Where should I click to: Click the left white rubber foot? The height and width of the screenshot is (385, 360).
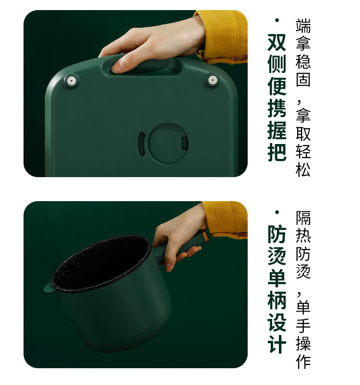pyautogui.click(x=71, y=81)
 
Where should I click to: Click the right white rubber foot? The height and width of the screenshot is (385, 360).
pyautogui.click(x=213, y=80)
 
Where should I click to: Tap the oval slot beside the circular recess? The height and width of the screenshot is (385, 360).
pyautogui.click(x=142, y=144)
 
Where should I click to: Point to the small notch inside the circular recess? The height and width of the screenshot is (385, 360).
pyautogui.click(x=184, y=144)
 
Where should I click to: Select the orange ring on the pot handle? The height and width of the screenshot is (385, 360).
pyautogui.click(x=204, y=236)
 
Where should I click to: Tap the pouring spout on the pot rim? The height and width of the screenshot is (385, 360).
pyautogui.click(x=50, y=287)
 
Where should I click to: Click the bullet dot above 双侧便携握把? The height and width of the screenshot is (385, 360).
pyautogui.click(x=277, y=20)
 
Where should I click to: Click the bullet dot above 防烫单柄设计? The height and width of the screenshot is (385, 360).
pyautogui.click(x=277, y=212)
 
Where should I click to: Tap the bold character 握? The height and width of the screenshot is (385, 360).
pyautogui.click(x=277, y=130)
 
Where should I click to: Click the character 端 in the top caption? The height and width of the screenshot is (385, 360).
pyautogui.click(x=303, y=26)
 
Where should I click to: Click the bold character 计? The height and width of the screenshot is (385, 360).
pyautogui.click(x=277, y=344)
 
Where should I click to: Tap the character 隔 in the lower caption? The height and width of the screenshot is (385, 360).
pyautogui.click(x=303, y=218)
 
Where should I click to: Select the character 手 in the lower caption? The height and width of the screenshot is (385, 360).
pyautogui.click(x=303, y=325)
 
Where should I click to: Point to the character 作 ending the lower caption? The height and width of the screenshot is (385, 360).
pyautogui.click(x=303, y=361)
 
